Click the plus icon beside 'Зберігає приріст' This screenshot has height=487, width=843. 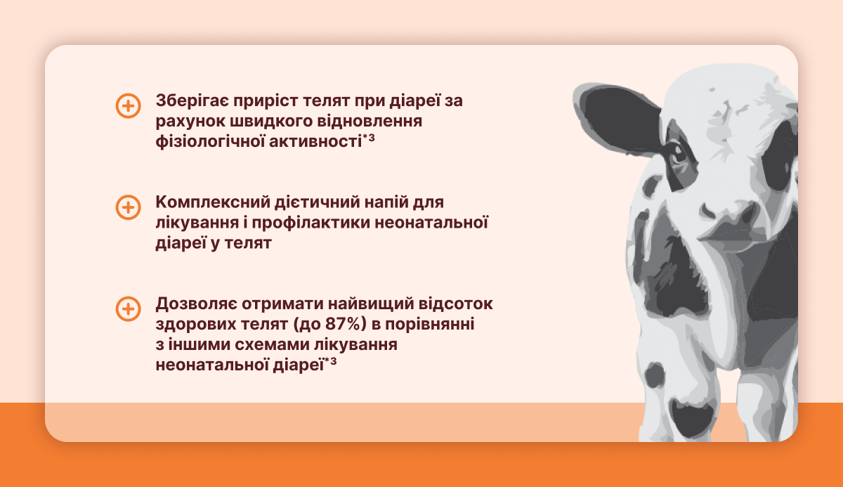tap(129, 105)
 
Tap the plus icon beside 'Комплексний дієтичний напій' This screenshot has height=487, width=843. tap(129, 207)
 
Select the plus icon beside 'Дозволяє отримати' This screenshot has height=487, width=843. tap(129, 309)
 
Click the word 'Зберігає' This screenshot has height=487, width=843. tap(192, 101)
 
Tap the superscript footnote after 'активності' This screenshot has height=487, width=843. tap(369, 138)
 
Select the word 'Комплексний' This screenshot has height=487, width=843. tap(212, 202)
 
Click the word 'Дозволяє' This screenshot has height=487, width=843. tap(196, 304)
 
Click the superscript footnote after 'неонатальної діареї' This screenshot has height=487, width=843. tap(331, 362)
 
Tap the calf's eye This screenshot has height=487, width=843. tap(679, 155)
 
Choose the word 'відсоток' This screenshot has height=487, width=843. tap(456, 304)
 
